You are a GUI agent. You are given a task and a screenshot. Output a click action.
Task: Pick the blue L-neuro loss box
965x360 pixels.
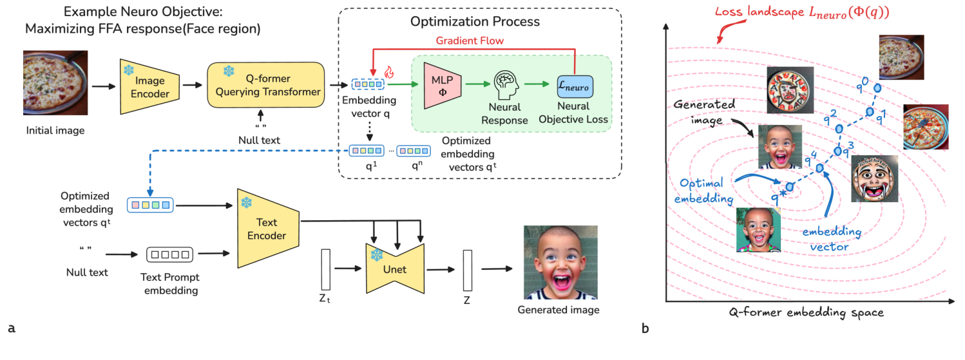click(575, 86)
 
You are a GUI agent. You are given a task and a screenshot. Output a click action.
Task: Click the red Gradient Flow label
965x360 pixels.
click(470, 41)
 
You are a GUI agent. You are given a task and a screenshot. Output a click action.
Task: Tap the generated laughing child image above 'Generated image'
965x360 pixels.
click(560, 262)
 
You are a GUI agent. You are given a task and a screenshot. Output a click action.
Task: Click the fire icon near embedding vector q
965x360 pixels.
click(388, 73)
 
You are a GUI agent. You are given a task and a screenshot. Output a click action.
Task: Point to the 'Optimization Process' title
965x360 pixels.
click(475, 21)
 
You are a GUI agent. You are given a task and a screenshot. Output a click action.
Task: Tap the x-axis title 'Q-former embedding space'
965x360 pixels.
click(806, 312)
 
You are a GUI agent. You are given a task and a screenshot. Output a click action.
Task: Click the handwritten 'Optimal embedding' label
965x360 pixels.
click(703, 191)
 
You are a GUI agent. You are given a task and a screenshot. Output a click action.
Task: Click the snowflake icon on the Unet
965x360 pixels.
click(377, 255)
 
